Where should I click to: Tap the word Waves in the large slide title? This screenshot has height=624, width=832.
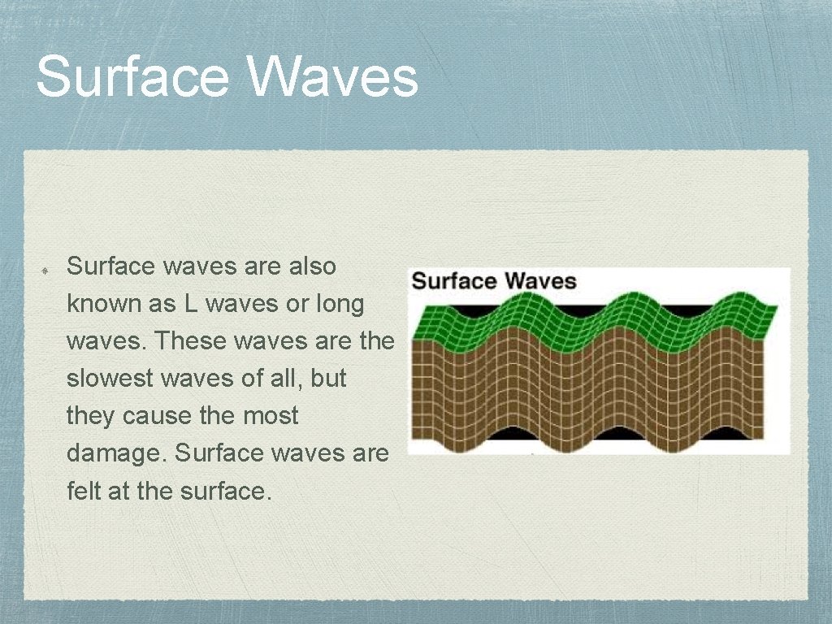tap(333, 76)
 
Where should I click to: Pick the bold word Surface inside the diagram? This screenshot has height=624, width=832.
tap(455, 282)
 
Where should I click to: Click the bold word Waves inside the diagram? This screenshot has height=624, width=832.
tap(540, 282)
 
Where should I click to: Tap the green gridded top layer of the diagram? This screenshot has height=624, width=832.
tap(585, 321)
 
